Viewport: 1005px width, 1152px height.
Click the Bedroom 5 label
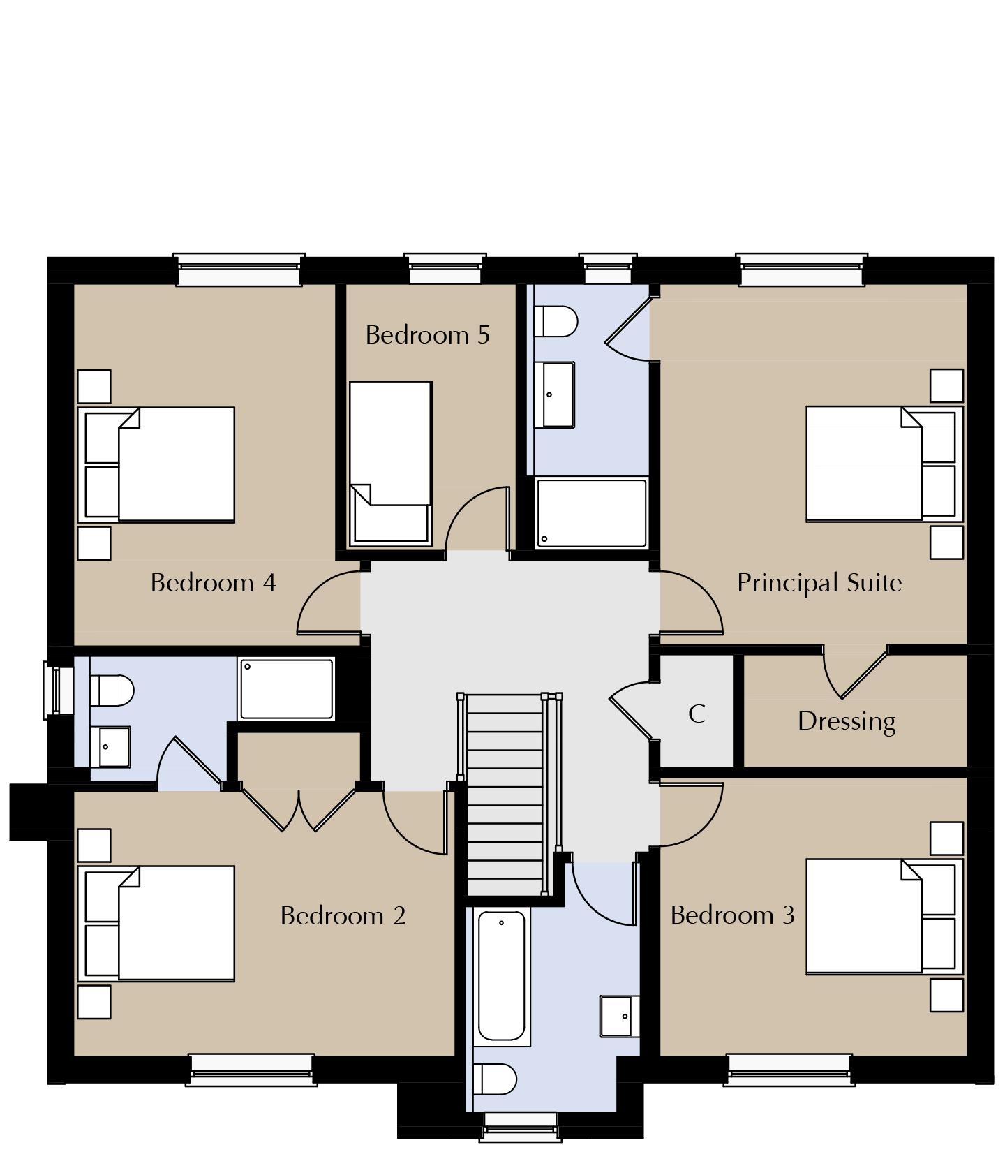tap(427, 335)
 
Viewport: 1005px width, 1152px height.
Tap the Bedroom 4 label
tap(213, 583)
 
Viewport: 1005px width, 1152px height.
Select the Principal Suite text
tap(819, 583)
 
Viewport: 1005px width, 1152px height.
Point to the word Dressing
tap(847, 721)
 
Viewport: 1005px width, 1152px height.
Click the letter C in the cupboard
tap(697, 714)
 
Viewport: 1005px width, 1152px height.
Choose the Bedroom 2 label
tap(343, 916)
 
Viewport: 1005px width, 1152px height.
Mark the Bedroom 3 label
tap(733, 915)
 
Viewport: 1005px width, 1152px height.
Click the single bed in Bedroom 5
tap(391, 463)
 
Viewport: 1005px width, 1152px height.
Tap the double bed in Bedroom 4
tap(156, 465)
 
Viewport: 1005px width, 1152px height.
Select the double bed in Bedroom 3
tap(885, 917)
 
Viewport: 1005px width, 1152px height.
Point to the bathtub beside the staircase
tap(502, 976)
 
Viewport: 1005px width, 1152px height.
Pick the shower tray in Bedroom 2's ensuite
tap(286, 688)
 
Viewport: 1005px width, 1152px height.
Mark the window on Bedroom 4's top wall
tap(239, 270)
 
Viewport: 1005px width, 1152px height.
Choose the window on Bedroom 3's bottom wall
tap(789, 1070)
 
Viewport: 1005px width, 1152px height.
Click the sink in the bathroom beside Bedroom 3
tap(620, 1016)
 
